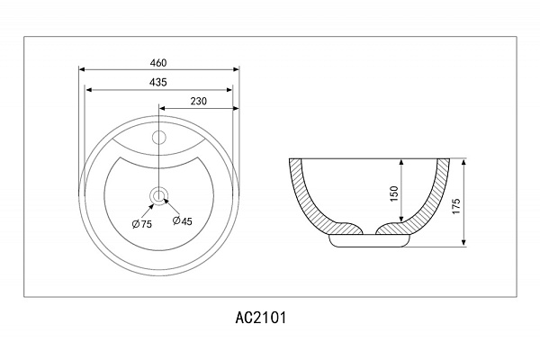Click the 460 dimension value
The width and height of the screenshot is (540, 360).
pos(158,63)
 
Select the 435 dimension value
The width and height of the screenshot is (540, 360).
pos(158,82)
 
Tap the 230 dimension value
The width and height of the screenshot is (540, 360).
pos(199,102)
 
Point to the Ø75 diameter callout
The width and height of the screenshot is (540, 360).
pos(142,224)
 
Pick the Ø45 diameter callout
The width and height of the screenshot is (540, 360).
pos(182,220)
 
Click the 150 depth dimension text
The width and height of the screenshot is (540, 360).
pos(395,193)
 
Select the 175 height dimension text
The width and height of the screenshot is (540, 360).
pos(456,206)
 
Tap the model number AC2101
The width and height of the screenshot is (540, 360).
pos(261,318)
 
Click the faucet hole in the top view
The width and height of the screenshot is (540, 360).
pos(159,138)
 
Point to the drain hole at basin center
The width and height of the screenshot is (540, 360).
pos(158,196)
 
